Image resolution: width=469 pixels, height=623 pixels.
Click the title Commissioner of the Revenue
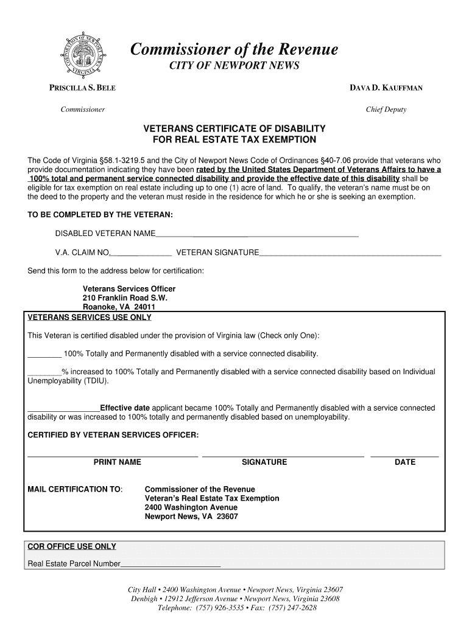[234, 49]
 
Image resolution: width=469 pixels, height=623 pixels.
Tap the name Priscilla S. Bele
[82, 88]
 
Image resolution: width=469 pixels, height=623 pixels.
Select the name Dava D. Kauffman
[386, 88]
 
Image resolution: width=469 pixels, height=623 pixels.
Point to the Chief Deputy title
[386, 110]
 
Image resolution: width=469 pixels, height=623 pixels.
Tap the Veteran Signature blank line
[350, 252]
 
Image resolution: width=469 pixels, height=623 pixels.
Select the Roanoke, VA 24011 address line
[115, 307]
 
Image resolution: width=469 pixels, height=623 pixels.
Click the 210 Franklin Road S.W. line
[124, 298]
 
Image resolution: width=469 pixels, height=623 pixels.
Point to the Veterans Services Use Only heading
[90, 318]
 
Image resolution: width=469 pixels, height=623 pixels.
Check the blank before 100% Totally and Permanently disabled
[44, 353]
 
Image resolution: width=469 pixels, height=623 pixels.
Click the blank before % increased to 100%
[44, 372]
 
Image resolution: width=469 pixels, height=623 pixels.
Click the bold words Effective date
[125, 408]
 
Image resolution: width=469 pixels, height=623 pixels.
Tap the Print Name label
[117, 462]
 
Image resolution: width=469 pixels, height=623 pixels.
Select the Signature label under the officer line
[264, 462]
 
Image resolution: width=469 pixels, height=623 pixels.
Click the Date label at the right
[404, 462]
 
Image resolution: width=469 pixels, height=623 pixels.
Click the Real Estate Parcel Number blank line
[171, 564]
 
